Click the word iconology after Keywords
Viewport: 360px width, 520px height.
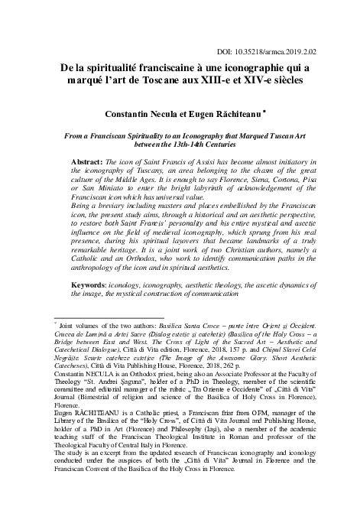(x=141, y=284)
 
